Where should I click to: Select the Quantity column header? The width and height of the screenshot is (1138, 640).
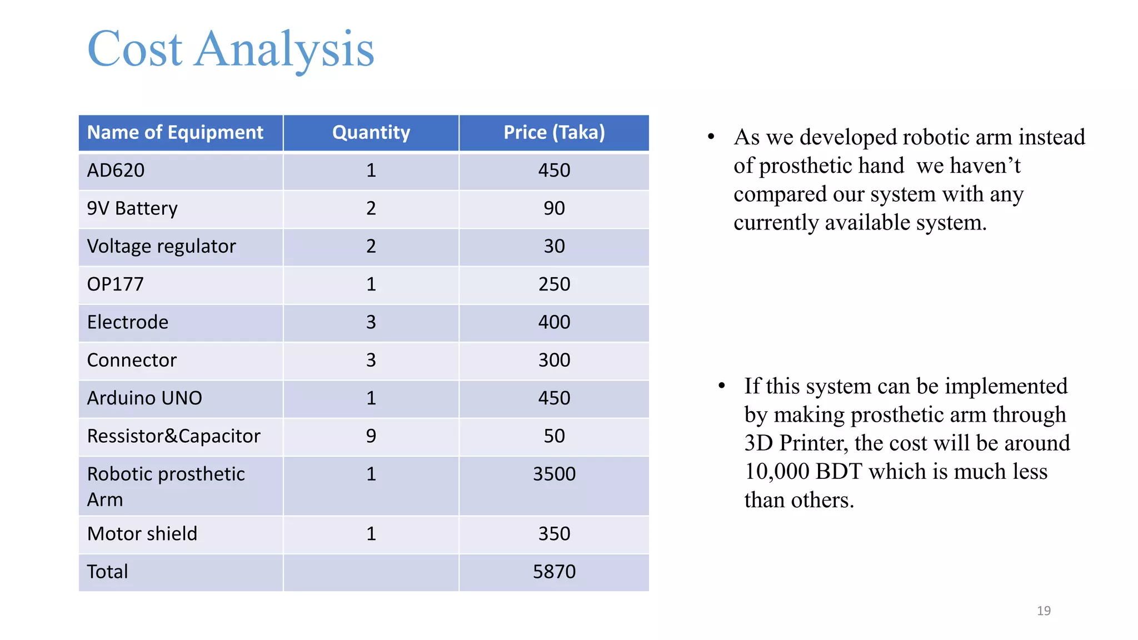point(371,133)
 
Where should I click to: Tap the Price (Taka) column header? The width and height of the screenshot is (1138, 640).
point(554,133)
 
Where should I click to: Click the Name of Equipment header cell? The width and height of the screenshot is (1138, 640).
point(175,133)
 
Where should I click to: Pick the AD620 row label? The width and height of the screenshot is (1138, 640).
point(116,171)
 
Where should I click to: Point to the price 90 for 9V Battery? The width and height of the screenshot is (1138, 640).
point(554,208)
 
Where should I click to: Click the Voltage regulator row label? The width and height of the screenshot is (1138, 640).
point(161,247)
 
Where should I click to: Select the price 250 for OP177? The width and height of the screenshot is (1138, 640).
point(554,284)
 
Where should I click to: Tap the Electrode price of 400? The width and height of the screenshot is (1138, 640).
point(554,322)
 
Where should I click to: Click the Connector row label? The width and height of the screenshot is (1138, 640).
point(132,361)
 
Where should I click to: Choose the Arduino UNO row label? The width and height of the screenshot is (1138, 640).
point(144,398)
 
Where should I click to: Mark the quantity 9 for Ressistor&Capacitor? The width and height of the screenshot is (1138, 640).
point(371,436)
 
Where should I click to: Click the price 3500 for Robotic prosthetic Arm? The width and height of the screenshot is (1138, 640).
point(554,474)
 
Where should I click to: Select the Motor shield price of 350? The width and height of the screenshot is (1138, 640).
point(554,534)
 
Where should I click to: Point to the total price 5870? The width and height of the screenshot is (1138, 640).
point(554,572)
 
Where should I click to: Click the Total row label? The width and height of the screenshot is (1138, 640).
point(107,572)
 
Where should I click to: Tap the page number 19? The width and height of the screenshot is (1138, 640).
point(1044,611)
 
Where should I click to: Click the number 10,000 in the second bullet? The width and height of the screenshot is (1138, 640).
point(776,472)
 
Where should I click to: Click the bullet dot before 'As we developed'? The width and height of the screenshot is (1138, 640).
point(711,137)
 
